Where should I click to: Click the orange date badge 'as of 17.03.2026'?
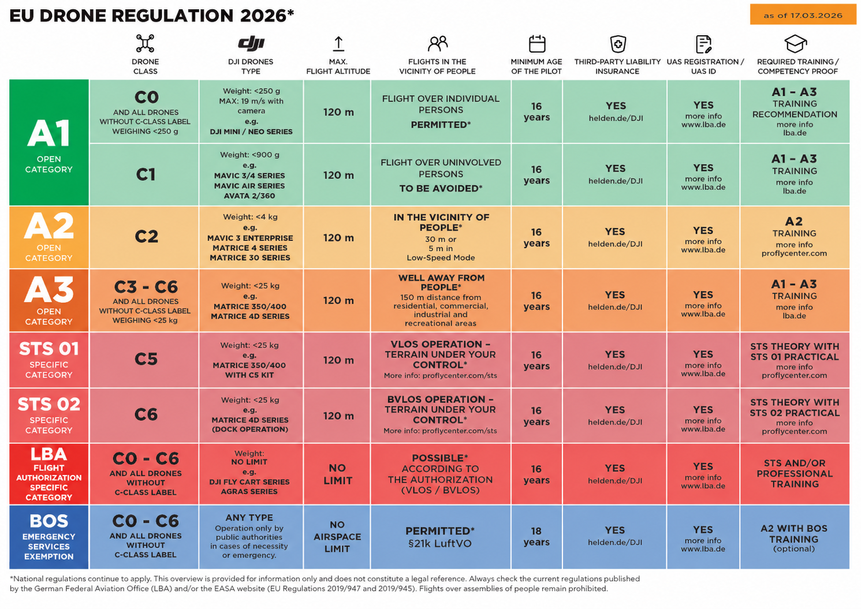coord(803,14)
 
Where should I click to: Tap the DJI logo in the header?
coord(251,43)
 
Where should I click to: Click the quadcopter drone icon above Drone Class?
coord(145,43)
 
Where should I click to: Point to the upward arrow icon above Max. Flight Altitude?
coord(338,43)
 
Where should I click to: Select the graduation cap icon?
coord(795,43)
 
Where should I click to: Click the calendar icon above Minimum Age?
coord(537,43)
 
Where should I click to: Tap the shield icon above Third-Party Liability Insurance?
coord(618,43)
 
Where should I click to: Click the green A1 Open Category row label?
coord(49,142)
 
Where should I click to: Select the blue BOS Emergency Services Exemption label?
coord(49,536)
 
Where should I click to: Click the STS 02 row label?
coord(49,416)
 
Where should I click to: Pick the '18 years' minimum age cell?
coord(536,536)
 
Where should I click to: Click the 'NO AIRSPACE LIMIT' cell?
coord(337,536)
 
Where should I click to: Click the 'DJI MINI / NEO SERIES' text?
coord(251,132)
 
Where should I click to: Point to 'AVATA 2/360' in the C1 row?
coord(249,196)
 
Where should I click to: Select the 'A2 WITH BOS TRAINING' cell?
coord(795,536)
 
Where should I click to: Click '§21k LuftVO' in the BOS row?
coord(439,543)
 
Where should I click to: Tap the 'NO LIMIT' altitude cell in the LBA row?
coord(337,474)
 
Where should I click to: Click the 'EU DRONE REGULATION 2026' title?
coord(151,16)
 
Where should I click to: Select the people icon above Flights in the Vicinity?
coord(437,43)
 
